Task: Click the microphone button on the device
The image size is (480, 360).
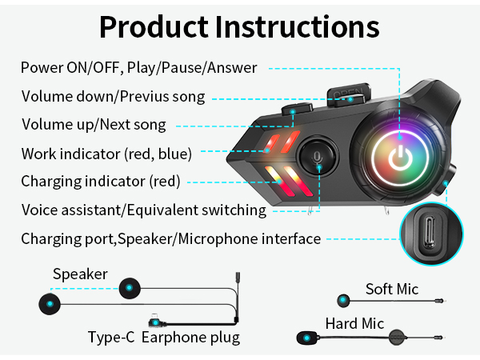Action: coord(317,156)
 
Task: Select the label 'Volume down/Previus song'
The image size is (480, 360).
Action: coord(113,97)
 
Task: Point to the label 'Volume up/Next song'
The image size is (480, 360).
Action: coord(94,124)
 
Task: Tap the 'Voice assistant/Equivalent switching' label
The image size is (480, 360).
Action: coord(143,210)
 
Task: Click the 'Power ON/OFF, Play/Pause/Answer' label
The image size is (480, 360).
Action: coord(139,67)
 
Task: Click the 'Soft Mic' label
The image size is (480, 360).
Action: coord(392,289)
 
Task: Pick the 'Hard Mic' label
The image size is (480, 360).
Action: coord(354,324)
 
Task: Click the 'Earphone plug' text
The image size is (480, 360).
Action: coord(190,337)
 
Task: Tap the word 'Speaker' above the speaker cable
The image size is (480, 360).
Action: coord(80,274)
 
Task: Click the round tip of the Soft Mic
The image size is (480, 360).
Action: coord(344,301)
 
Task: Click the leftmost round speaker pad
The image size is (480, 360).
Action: coord(50,304)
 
